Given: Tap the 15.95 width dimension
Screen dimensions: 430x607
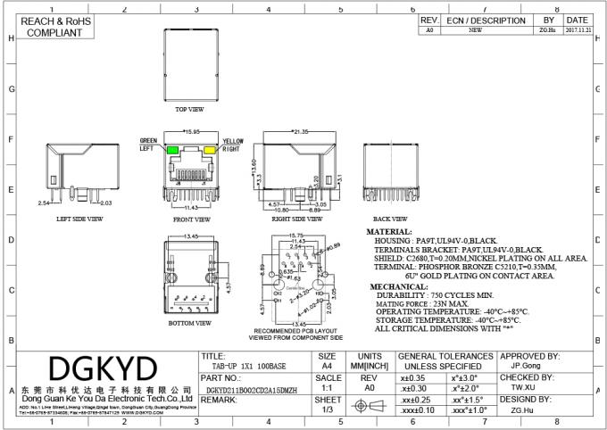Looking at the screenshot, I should point(192,133).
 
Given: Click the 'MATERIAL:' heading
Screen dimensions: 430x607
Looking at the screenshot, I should point(390,230).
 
